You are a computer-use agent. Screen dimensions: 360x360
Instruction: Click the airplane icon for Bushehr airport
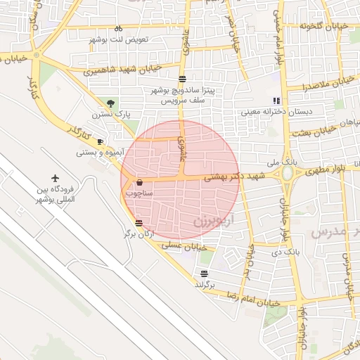pos(55,179)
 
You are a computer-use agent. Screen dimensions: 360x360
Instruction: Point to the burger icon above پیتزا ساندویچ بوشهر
pos(183,79)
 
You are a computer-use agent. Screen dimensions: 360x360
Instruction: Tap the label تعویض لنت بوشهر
pos(120,39)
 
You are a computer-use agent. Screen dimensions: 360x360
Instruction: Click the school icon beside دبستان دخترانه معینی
pos(276,101)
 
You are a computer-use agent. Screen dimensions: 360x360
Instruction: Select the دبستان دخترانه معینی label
pos(260,111)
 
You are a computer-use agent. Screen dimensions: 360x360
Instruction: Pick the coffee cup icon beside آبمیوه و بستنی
pos(100,141)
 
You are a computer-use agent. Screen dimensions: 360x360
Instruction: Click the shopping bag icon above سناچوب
pos(139,181)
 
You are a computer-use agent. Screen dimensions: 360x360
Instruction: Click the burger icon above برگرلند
pos(204,274)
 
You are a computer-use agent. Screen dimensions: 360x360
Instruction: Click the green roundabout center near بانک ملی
pos(288,173)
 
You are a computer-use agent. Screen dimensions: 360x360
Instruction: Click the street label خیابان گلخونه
pos(324,26)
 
